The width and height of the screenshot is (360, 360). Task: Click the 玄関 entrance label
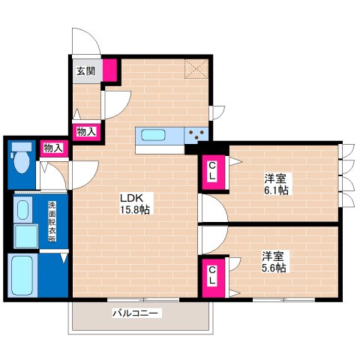(x=85, y=72)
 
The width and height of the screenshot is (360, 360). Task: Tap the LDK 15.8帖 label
(x=135, y=205)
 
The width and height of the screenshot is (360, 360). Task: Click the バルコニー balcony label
(x=136, y=312)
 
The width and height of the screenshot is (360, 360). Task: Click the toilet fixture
(x=22, y=158)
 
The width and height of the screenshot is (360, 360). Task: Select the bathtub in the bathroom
(x=22, y=276)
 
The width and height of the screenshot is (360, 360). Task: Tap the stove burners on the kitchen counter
(x=199, y=135)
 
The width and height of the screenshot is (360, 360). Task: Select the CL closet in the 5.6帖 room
(x=212, y=275)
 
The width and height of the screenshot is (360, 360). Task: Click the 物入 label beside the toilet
(x=53, y=148)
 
